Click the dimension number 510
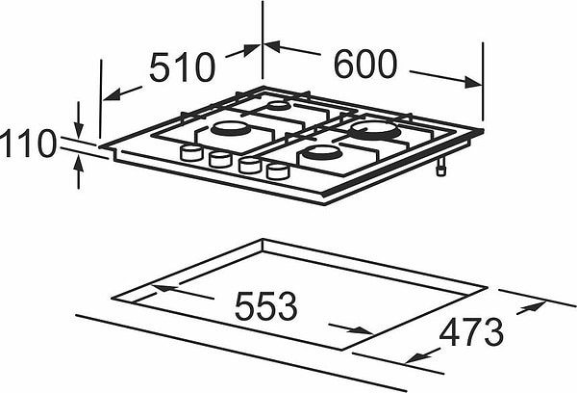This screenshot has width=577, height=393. (182, 67)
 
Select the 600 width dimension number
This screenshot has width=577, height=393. (365, 64)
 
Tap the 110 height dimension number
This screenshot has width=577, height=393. (28, 144)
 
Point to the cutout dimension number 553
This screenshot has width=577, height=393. (265, 305)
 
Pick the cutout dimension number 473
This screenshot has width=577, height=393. (471, 332)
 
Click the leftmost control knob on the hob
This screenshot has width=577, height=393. (191, 152)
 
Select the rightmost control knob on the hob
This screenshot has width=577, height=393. (278, 171)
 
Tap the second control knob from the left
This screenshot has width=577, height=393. (220, 159)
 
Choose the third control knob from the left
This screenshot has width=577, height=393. (249, 166)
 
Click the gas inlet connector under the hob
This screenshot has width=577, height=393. (440, 167)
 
